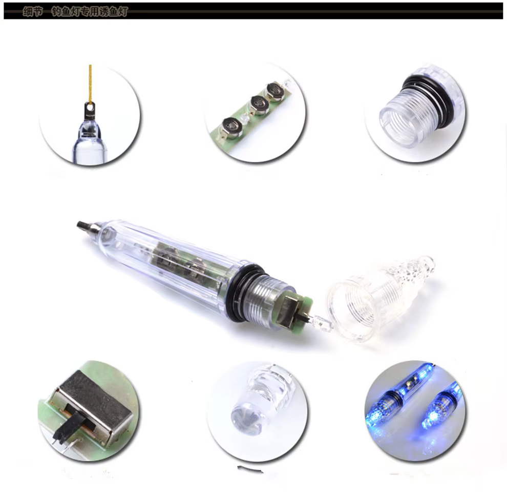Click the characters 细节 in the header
(32, 11)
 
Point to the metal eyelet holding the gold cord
(91, 109)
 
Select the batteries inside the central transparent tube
(179, 261)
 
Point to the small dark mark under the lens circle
(250, 469)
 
